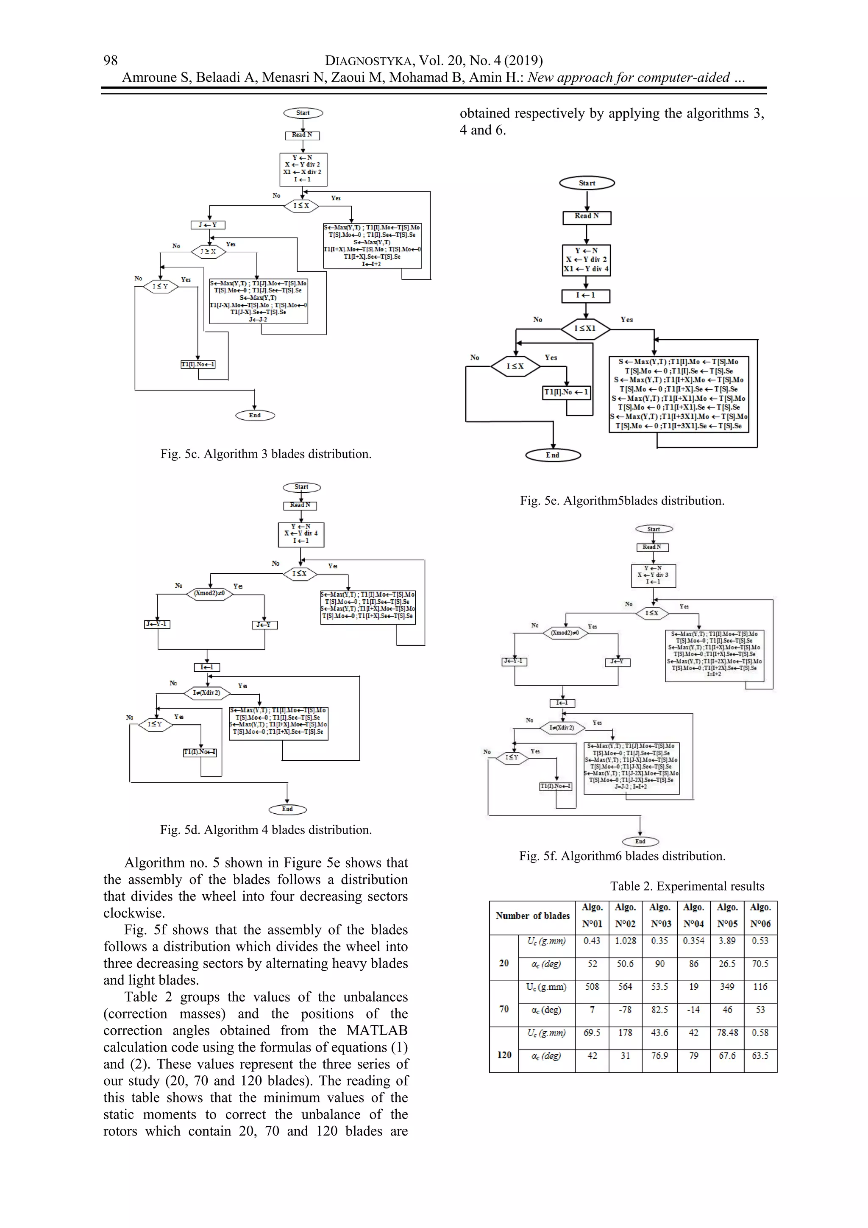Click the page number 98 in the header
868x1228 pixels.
[x=111, y=61]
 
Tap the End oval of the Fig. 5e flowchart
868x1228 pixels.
[x=553, y=455]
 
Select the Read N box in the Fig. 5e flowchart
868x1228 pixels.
[x=586, y=217]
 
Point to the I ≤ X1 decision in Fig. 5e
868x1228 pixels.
[x=585, y=328]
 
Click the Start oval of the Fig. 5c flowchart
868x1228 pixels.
[x=303, y=113]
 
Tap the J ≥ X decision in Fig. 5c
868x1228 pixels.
[x=208, y=251]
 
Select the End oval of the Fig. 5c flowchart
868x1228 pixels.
[x=255, y=416]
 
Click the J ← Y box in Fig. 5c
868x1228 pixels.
[x=208, y=225]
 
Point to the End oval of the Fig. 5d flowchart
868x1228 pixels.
[x=287, y=809]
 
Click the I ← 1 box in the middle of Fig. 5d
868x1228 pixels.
[x=207, y=667]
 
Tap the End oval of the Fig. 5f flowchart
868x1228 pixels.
[x=640, y=841]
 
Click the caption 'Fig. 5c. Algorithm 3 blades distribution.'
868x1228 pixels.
[x=266, y=454]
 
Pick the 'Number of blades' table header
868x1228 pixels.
[x=532, y=915]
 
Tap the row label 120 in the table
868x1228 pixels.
[x=504, y=1055]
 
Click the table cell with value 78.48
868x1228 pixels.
[x=727, y=1033]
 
